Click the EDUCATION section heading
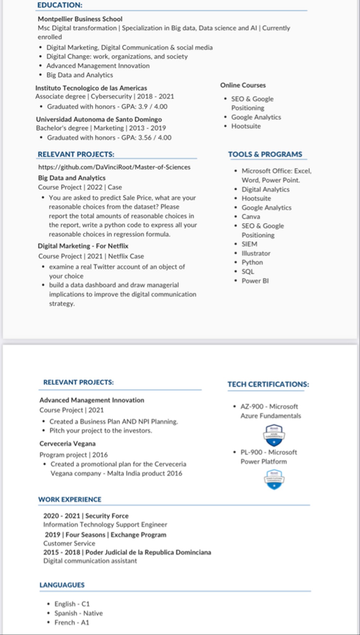coord(60,5)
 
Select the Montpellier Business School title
coord(80,19)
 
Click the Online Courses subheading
coord(243,85)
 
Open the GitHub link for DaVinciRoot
coord(114,167)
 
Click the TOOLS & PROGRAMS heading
coord(265,154)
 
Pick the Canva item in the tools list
coord(251,217)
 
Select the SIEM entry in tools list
coord(249,244)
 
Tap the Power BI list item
coord(255,281)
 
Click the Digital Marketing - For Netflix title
coord(83,246)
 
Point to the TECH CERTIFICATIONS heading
coord(268,384)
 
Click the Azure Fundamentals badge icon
coord(274,435)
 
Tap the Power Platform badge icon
coord(274,479)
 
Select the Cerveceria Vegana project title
coord(67,444)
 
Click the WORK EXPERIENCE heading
coord(69,500)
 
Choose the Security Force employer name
coord(107,516)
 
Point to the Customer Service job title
coord(69,544)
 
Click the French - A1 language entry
coord(72,623)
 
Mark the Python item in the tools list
coord(252,262)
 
